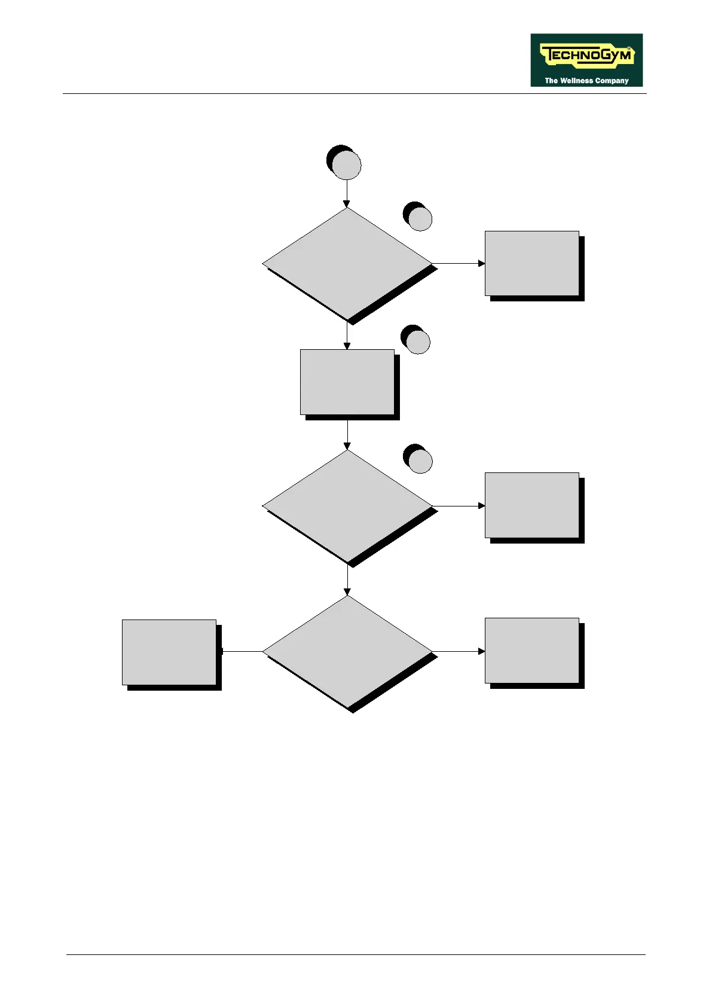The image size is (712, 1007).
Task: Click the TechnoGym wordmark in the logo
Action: coord(586,56)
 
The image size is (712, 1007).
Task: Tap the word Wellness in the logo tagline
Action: coord(577,80)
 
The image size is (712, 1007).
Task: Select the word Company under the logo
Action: coord(612,80)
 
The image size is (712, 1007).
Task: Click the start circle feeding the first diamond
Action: coord(346,165)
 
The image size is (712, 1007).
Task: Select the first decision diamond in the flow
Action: coord(347,263)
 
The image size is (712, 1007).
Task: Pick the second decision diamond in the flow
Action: coord(347,505)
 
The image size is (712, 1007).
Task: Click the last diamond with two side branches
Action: coord(347,651)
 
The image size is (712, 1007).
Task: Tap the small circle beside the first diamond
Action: coord(420,218)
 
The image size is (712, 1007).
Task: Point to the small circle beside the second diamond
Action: coord(420,460)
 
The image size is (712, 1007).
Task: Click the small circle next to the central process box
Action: coord(417,341)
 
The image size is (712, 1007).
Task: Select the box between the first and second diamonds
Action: coord(347,382)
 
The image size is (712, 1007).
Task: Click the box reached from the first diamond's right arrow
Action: coord(532,263)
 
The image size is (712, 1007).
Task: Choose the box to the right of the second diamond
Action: coord(532,505)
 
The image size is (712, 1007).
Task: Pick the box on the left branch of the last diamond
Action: coord(169,652)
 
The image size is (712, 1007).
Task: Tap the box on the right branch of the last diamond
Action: coord(532,651)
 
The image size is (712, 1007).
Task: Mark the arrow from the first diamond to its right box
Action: coord(458,263)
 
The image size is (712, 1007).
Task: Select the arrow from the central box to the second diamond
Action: coord(347,433)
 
